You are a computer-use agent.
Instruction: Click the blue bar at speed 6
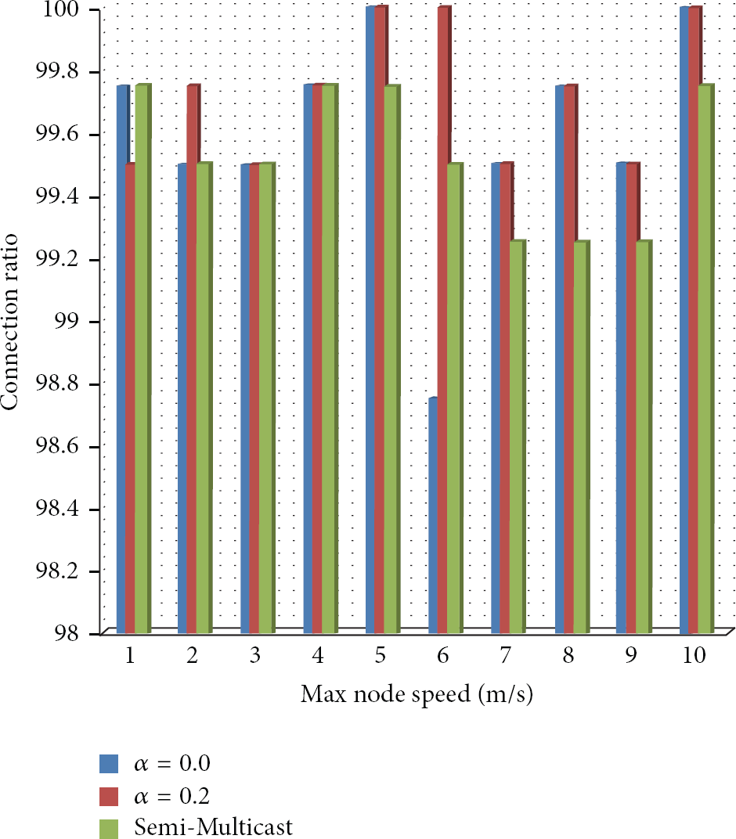[x=433, y=515]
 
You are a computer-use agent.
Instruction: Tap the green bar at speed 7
[x=517, y=437]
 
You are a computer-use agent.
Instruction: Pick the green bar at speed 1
[x=143, y=358]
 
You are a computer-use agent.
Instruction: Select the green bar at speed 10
[x=705, y=358]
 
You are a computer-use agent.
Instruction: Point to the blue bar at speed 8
[x=559, y=359]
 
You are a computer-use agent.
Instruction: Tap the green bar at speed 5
[x=391, y=359]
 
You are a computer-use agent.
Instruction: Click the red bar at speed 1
[x=130, y=398]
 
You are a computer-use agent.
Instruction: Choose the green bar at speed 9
[x=644, y=437]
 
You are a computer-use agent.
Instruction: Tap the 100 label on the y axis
[x=60, y=9]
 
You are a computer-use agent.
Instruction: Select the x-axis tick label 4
[x=318, y=655]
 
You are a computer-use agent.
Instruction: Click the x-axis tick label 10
[x=695, y=655]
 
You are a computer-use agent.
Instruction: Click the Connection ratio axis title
[x=9, y=322]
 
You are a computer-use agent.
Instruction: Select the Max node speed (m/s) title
[x=417, y=694]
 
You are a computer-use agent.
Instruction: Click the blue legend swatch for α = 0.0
[x=109, y=764]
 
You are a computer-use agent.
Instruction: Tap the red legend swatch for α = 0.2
[x=109, y=796]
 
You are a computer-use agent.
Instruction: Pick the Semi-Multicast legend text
[x=213, y=827]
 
